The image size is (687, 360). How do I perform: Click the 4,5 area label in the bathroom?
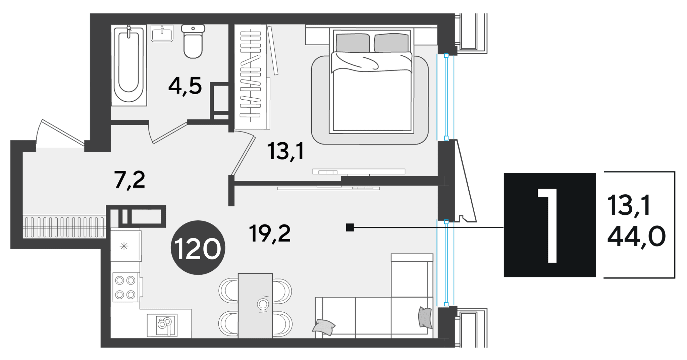coord(185,86)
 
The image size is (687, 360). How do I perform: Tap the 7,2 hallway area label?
coord(129,180)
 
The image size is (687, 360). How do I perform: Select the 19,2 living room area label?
coord(270,234)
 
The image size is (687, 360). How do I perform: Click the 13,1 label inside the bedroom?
coord(286,151)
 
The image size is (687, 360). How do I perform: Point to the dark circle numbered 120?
coord(198,248)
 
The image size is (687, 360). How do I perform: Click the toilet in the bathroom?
coord(193,41)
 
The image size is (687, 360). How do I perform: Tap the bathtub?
coord(129,65)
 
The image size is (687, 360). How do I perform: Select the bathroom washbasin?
coord(162,33)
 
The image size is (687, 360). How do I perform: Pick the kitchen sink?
coord(162,325)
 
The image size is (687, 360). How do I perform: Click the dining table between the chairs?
coord(255,306)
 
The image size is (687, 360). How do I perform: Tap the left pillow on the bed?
coord(353,43)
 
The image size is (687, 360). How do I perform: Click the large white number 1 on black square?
coord(548,225)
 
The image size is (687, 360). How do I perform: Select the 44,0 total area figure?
coord(636,236)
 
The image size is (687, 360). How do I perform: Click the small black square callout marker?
coord(350,227)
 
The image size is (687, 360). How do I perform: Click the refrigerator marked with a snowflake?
coord(125,246)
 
